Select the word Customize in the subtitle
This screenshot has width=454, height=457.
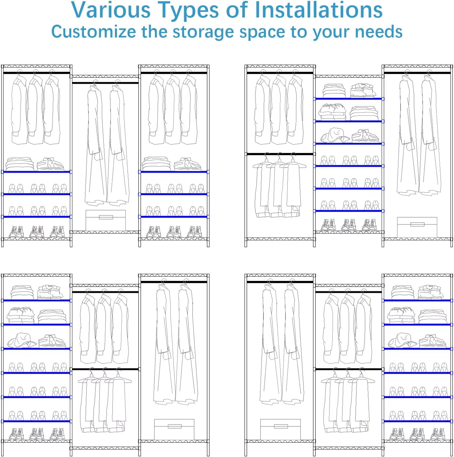(x=94, y=32)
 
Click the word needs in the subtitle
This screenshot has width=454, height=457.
(x=379, y=32)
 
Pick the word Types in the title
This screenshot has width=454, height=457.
(x=188, y=10)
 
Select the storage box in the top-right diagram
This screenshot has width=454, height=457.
(x=417, y=227)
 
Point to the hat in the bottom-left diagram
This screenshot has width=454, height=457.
(x=22, y=340)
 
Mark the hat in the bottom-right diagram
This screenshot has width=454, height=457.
(x=402, y=340)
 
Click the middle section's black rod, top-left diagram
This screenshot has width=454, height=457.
(x=105, y=83)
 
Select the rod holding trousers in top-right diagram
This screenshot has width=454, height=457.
(x=280, y=154)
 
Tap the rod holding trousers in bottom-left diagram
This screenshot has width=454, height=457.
(x=105, y=369)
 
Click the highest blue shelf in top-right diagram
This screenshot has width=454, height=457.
(x=349, y=99)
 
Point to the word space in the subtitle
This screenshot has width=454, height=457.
(x=262, y=32)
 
